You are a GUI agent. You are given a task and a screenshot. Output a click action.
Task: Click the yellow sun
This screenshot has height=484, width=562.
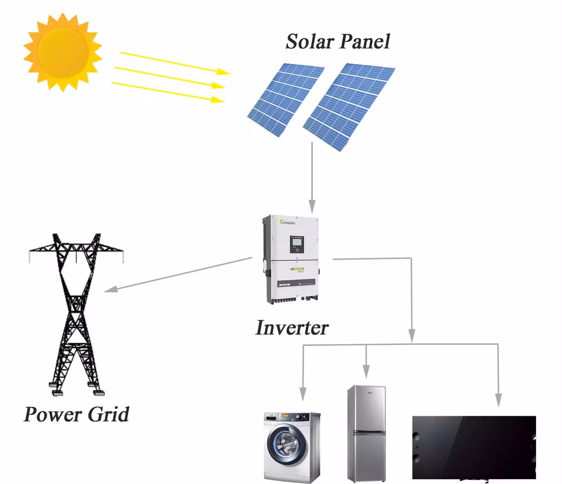point(63,51)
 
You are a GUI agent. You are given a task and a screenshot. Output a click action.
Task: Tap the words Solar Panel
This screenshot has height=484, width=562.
point(338,41)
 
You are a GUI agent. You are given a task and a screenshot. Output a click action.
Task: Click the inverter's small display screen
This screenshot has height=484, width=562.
point(296,244)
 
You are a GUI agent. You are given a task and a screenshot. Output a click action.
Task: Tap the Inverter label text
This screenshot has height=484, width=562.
point(292,328)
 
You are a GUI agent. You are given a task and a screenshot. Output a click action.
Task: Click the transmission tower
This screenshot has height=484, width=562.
point(76,312)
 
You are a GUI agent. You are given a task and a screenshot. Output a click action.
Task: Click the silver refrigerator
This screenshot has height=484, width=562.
point(366,433)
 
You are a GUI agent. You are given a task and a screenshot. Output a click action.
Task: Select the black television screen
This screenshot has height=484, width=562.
point(474,447)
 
